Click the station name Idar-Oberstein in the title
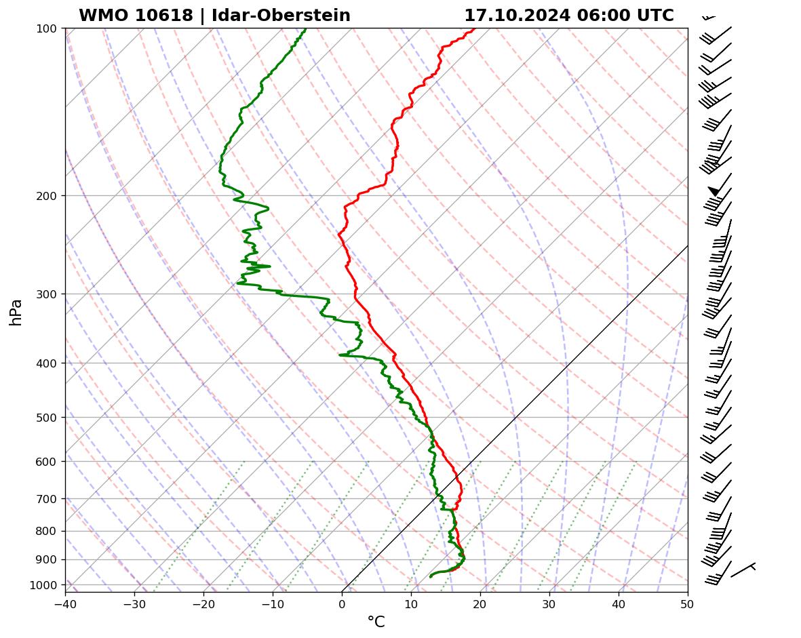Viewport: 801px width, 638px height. pos(281,16)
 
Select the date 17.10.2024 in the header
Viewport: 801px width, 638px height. pos(516,16)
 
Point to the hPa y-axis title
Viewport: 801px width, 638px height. pos(16,312)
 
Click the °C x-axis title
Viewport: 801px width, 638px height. pos(376,622)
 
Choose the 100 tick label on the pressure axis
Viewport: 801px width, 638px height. pos(46,28)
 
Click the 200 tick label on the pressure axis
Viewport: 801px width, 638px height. pos(46,196)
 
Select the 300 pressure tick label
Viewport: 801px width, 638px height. pos(46,294)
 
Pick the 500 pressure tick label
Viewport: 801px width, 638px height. pos(46,418)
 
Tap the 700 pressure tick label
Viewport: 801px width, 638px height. pos(46,499)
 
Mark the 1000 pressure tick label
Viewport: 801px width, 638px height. pos(44,585)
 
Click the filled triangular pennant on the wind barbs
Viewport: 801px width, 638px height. pos(714,191)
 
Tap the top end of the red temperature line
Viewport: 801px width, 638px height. pos(474,28)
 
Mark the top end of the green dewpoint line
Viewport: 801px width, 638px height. pos(305,28)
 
